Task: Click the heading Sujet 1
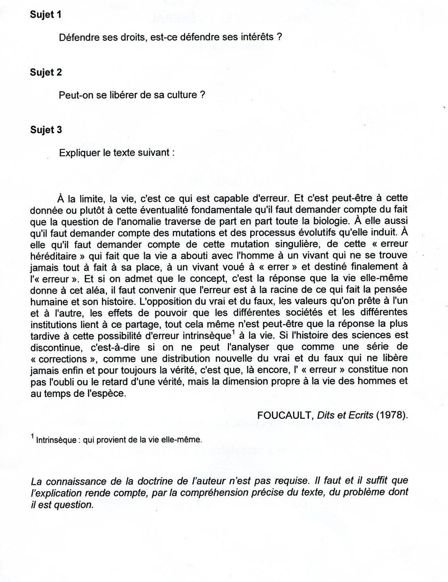(x=46, y=15)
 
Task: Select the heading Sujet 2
(x=46, y=72)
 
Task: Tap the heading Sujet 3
(x=46, y=130)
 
